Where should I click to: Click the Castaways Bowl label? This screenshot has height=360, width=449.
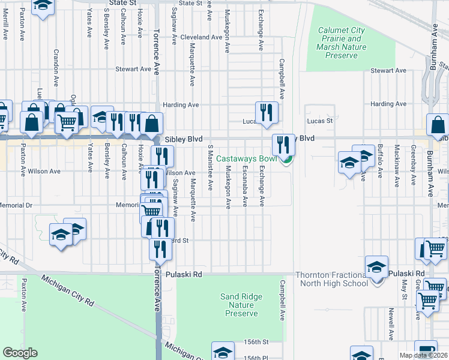[247, 159]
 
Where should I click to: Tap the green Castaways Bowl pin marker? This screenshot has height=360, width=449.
[288, 159]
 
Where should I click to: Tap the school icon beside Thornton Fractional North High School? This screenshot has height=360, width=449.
[376, 267]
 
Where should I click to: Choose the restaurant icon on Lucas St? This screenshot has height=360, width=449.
[266, 112]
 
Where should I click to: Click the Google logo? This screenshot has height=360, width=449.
[20, 353]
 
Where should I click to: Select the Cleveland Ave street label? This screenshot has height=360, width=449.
[202, 37]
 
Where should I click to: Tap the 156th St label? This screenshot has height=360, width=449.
[256, 343]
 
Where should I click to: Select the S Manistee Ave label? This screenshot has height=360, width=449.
[211, 167]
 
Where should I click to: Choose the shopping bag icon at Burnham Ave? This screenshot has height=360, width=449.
[438, 125]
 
